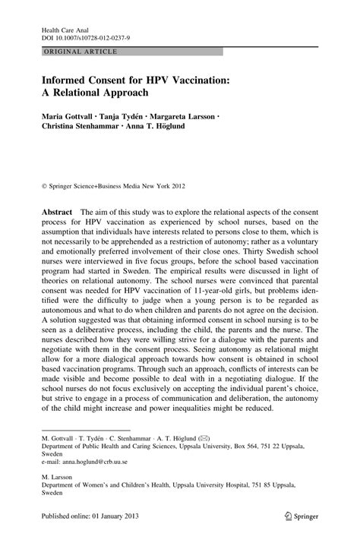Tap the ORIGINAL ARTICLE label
tap(74, 52)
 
